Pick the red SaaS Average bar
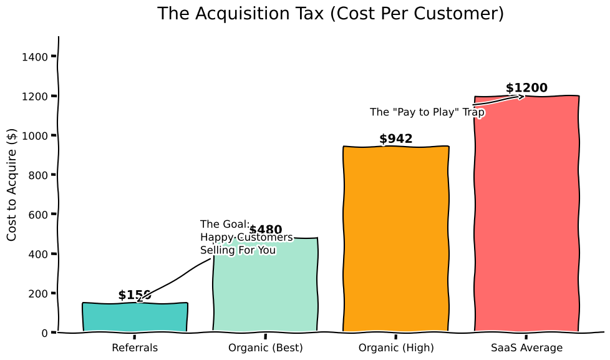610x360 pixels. coord(526,218)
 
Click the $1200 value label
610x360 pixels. coord(526,88)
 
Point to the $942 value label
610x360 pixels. coord(396,139)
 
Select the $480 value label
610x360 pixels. coord(266,230)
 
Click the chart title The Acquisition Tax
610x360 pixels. coord(330,14)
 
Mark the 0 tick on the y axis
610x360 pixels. coord(45,333)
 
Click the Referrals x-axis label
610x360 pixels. coord(135,348)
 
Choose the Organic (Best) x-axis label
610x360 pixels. coord(266,348)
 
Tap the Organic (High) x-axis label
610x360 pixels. coord(396,348)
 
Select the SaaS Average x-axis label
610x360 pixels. coord(526,348)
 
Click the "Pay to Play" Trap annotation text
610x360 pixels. coord(427,112)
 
